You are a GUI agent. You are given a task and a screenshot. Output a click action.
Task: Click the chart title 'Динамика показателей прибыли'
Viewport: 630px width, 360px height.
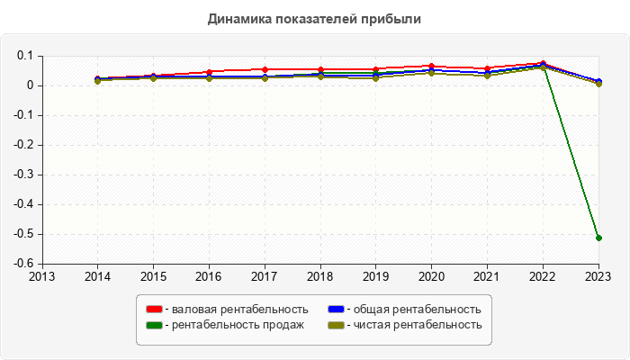tap(314, 18)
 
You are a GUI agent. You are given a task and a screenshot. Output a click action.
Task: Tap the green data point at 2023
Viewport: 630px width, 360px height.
tap(598, 238)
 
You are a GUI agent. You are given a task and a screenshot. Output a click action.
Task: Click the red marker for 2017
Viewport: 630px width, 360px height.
tap(265, 69)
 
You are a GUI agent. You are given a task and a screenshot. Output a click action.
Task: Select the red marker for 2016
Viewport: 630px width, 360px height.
tap(209, 72)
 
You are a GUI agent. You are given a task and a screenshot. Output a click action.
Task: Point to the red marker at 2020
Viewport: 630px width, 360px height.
tap(432, 66)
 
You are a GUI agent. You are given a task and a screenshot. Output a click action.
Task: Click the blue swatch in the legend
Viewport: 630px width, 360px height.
tap(335, 310)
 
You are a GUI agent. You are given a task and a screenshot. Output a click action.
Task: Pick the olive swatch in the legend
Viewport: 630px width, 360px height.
tap(335, 324)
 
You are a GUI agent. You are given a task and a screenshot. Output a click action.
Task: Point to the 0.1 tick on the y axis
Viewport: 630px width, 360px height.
tap(25, 56)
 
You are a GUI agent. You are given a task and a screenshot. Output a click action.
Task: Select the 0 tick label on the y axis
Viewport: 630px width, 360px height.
tap(30, 85)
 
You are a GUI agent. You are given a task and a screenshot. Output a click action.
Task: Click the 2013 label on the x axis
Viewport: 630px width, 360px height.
tap(41, 275)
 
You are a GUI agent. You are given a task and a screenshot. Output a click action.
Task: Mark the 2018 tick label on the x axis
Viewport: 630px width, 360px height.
tap(320, 275)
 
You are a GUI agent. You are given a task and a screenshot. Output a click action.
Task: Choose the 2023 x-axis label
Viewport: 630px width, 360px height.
tap(598, 275)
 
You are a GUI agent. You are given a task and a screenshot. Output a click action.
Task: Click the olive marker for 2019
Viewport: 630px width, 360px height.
tap(376, 77)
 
